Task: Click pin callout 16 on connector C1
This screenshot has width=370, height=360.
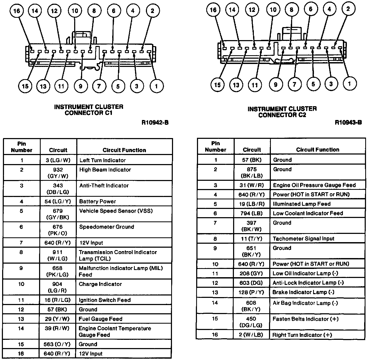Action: tap(16, 11)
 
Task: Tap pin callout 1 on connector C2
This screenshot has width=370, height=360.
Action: tap(349, 84)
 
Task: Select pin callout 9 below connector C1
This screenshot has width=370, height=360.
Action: tap(80, 86)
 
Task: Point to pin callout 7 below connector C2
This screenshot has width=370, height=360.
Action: tap(294, 84)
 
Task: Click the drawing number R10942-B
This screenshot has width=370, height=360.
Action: tap(155, 123)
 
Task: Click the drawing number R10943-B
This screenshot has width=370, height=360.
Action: tap(348, 122)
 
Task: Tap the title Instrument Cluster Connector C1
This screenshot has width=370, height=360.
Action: tap(89, 110)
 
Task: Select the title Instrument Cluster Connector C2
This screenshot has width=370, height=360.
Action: tap(282, 112)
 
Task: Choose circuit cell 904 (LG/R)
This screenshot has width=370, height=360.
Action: tap(58, 287)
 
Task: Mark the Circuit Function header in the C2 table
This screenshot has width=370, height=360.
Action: tap(318, 150)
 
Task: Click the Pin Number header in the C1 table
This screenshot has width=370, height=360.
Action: tap(22, 147)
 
